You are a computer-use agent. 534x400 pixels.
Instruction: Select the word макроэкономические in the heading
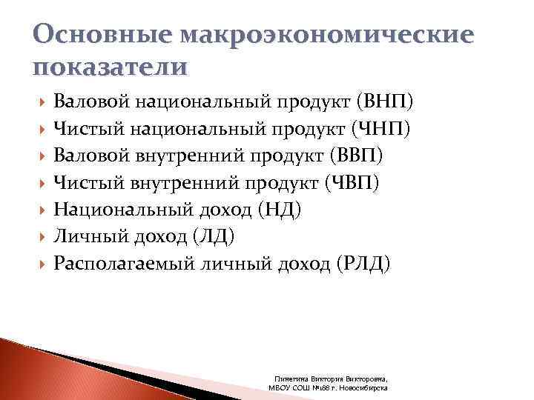[x=323, y=36]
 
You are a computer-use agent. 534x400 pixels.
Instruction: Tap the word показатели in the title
[x=110, y=67]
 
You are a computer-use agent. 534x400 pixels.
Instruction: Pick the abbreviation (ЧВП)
[x=353, y=183]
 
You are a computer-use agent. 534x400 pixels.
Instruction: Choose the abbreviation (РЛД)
[x=362, y=263]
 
